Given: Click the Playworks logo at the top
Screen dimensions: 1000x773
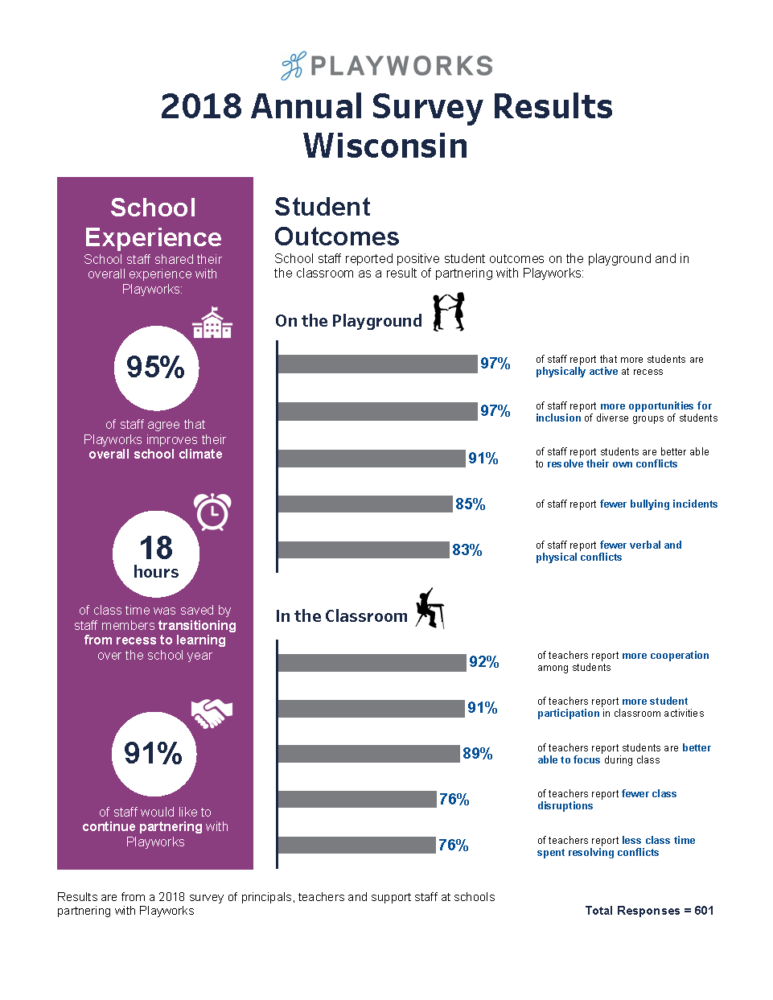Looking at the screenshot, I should [387, 66].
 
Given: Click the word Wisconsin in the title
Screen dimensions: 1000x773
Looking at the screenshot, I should [386, 146].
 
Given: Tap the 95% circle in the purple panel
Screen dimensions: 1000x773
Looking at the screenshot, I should [156, 368].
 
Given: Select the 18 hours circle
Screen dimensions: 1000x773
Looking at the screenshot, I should [156, 554].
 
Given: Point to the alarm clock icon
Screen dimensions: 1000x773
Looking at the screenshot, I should [212, 512].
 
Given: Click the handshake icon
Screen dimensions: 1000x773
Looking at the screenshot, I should [212, 713].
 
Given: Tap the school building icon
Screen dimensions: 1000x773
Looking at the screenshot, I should [212, 323].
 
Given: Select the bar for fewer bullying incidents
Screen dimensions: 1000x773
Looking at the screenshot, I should [365, 504].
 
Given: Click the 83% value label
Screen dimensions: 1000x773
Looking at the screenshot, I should [467, 550].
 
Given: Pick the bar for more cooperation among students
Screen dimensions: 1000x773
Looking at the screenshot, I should [372, 662].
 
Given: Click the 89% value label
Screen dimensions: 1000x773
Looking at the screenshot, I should [478, 754].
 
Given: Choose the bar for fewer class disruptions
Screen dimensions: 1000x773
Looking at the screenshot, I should [357, 800].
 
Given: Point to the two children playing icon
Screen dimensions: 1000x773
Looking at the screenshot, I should [449, 312].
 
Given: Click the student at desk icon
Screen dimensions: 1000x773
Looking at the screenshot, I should [430, 608].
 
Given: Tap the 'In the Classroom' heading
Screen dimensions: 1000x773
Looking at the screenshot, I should [342, 616].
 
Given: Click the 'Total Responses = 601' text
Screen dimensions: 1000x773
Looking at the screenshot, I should [649, 911].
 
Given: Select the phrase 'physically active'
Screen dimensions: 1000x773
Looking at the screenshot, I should [577, 372].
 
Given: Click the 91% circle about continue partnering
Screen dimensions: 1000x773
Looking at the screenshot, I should [154, 754].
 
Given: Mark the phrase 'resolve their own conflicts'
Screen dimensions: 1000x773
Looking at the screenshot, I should [612, 464].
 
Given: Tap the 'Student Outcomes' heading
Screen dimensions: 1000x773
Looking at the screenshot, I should [336, 222].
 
